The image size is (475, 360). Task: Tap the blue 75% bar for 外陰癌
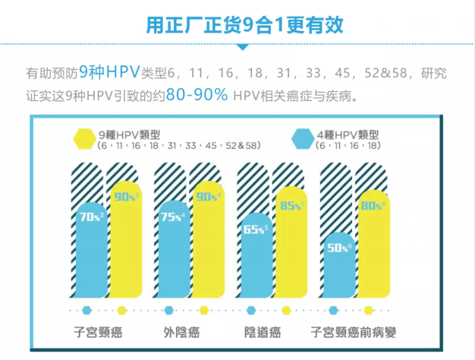point(172,243)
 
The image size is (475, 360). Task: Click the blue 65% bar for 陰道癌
point(255,254)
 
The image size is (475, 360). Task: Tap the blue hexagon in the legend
point(302,139)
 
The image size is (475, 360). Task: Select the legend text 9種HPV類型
point(131,134)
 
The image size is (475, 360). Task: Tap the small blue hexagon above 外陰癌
point(170,310)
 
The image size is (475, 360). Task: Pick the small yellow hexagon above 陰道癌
point(286,310)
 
